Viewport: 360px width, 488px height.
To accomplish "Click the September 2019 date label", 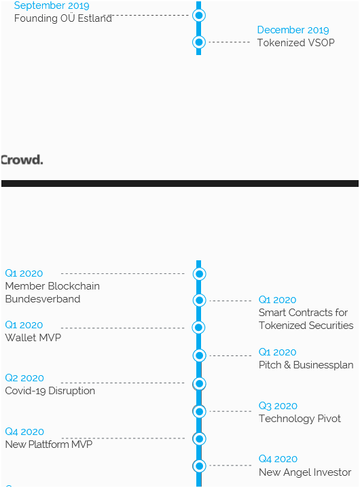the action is coord(52,5).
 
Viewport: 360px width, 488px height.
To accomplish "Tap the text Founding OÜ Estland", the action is coord(63,18).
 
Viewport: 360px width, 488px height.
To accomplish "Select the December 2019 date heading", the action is coord(293,30).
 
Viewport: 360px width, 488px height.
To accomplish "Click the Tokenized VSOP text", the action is coord(296,43).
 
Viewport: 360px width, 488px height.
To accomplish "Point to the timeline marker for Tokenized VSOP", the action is coord(199,42).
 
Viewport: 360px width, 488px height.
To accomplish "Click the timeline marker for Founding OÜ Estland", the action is coord(199,15).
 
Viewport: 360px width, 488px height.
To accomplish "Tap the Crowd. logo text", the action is coord(22,160).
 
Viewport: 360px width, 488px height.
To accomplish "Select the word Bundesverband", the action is coord(43,299).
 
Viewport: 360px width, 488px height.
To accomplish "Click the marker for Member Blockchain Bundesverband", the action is coord(199,274).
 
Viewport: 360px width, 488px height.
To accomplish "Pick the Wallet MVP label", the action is coord(33,337).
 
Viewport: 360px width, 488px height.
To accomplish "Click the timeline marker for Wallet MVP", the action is coord(198,328).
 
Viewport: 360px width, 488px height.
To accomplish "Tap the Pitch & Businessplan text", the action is coord(306,365).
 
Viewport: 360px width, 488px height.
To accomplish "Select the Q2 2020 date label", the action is coord(24,378).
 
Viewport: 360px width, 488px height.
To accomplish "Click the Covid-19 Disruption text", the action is coord(50,391).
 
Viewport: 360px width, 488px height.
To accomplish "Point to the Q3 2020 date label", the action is coord(278,406).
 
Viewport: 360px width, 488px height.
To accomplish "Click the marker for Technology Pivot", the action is coord(199,411).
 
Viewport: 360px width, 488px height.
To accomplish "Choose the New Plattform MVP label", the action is coord(49,444).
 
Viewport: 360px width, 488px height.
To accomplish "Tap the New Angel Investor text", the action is coord(305,472).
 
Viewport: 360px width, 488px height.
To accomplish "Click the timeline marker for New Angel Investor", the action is coord(199,466).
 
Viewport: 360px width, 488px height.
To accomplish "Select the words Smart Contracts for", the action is coord(303,313).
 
